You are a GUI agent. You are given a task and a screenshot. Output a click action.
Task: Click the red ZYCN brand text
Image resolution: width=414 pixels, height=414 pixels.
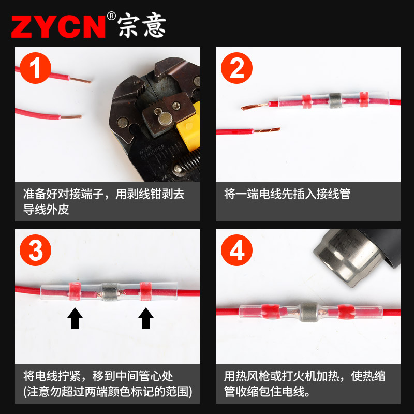(58, 25)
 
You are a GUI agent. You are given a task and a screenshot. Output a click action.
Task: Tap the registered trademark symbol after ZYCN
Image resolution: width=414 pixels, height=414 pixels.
(111, 16)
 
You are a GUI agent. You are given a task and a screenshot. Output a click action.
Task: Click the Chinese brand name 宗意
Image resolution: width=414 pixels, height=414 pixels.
(142, 25)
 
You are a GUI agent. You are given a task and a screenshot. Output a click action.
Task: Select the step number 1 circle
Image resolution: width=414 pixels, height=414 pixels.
(35, 69)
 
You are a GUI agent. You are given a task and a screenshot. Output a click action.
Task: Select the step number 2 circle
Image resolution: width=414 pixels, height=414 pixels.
(236, 69)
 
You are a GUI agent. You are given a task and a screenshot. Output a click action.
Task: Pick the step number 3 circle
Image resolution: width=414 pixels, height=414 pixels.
(35, 251)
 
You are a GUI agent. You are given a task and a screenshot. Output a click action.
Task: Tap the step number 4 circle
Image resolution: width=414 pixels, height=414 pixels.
(236, 251)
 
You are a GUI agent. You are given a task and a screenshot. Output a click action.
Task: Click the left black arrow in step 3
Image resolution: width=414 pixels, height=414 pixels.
(76, 318)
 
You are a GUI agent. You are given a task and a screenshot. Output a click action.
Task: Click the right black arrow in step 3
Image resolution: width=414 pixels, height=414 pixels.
(145, 318)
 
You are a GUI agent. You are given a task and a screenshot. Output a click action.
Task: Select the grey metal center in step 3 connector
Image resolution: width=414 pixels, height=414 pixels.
(109, 292)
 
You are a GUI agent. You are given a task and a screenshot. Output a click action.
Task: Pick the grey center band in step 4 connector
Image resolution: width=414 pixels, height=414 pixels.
(308, 312)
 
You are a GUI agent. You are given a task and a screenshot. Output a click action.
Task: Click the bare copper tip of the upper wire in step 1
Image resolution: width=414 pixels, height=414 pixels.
(81, 81)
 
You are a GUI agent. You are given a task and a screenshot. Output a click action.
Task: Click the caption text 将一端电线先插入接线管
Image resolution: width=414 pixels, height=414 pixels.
(287, 194)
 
